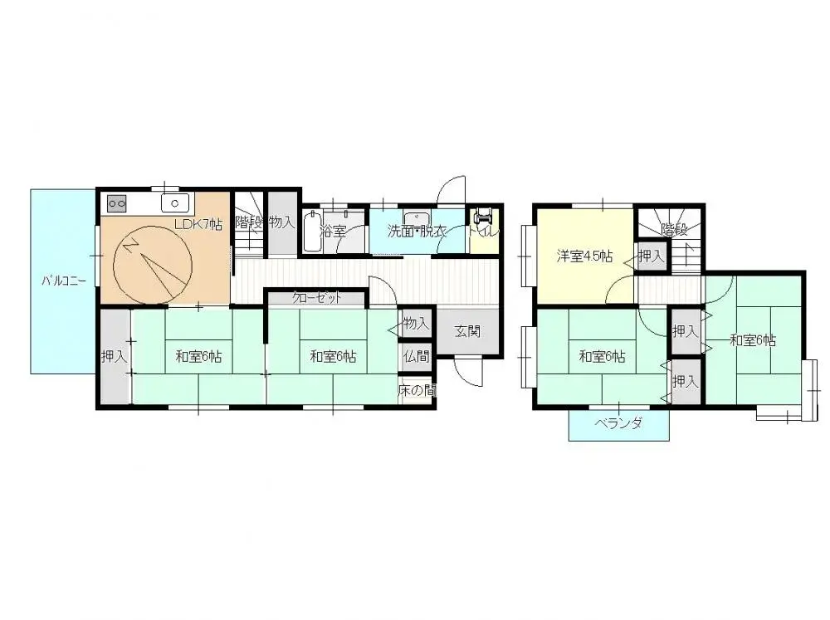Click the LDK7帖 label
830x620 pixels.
click(x=198, y=224)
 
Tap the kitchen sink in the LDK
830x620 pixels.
click(x=175, y=203)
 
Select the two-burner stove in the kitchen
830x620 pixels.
click(x=116, y=203)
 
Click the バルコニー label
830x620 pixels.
click(x=64, y=281)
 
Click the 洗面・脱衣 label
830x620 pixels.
click(x=418, y=232)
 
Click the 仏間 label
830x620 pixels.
click(x=417, y=357)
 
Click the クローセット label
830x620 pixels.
click(x=316, y=298)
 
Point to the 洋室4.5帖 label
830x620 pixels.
click(x=584, y=256)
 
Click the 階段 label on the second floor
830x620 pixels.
click(x=674, y=230)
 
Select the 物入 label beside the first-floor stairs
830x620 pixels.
click(x=281, y=222)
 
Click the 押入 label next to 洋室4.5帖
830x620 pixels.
click(x=652, y=256)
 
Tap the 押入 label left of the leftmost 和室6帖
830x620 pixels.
click(x=114, y=357)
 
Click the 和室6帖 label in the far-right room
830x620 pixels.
click(x=753, y=339)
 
